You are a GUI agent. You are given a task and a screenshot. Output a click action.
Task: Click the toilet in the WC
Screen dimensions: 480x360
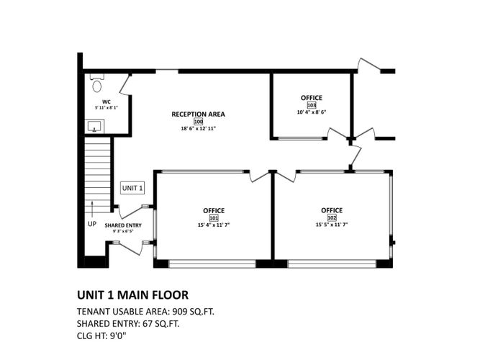(97, 84)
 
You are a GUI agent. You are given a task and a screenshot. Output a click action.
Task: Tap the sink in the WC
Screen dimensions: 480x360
(94, 127)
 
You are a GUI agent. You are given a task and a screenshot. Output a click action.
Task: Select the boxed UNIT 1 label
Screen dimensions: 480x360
(132, 188)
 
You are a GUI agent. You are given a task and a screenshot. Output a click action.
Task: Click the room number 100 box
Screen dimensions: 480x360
(199, 122)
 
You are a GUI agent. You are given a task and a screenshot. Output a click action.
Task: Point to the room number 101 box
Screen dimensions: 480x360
(214, 218)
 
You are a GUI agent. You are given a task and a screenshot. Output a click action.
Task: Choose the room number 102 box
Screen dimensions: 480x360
(332, 217)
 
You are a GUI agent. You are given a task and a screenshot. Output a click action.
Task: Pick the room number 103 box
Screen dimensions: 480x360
(312, 105)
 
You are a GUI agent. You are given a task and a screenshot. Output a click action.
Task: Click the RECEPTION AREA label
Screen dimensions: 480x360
(199, 114)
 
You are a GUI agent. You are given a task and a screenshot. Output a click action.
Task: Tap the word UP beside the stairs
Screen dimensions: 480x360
(92, 224)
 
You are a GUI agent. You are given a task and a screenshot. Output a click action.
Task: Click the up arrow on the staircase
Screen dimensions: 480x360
(91, 208)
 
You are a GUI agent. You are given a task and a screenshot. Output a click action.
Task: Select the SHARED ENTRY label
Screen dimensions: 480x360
(123, 225)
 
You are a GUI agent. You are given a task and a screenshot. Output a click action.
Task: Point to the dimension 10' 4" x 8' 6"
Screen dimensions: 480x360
(312, 112)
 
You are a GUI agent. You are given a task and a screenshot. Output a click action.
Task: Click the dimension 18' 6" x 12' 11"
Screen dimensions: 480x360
(199, 128)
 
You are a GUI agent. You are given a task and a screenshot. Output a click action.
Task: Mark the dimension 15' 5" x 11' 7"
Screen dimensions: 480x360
(332, 224)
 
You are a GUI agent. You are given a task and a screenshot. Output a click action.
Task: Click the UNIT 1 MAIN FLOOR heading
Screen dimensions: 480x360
(132, 295)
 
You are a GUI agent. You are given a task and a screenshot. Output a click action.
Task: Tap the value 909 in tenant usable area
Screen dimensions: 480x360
(179, 312)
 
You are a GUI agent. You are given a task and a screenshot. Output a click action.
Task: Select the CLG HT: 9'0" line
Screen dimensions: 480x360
(101, 336)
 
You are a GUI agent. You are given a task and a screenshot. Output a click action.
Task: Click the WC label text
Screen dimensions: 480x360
(107, 102)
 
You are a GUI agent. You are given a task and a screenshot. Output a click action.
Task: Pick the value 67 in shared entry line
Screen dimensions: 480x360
(147, 324)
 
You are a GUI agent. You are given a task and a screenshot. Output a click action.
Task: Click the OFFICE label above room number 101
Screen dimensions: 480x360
(214, 210)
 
